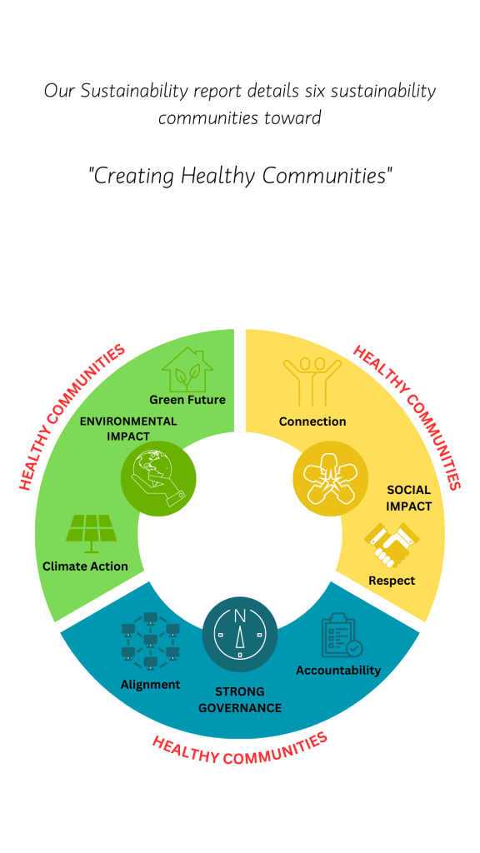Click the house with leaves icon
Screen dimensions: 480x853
click(x=187, y=370)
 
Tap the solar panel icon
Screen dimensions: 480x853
click(x=91, y=533)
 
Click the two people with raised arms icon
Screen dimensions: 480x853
click(x=312, y=382)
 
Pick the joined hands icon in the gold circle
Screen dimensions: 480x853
click(x=330, y=478)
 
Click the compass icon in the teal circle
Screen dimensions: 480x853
click(x=240, y=634)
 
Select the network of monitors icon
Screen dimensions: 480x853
click(x=151, y=641)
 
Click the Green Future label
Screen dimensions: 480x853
click(x=187, y=400)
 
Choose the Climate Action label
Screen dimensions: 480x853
click(x=86, y=566)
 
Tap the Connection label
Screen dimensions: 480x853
click(x=312, y=422)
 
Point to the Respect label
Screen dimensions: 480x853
click(x=392, y=581)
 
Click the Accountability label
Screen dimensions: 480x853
click(x=338, y=671)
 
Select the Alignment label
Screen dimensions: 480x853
click(x=151, y=685)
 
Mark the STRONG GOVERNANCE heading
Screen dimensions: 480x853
click(x=240, y=700)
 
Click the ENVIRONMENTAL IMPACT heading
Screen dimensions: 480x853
click(x=128, y=429)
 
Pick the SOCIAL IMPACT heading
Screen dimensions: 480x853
click(x=408, y=498)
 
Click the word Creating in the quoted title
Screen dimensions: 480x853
click(x=132, y=177)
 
